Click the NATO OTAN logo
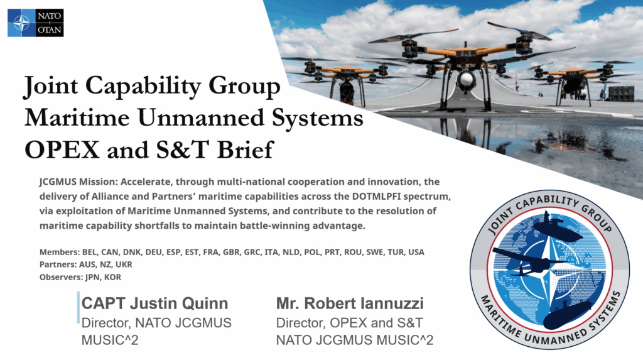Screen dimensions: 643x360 [36, 23]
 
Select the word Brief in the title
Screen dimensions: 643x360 [245, 150]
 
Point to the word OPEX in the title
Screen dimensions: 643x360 [62, 150]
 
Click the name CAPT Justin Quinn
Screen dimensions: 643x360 [155, 303]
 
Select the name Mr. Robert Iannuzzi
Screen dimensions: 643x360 [350, 303]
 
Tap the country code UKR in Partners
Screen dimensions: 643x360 [124, 265]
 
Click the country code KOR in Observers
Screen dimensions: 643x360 [113, 277]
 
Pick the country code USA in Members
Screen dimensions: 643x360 [416, 252]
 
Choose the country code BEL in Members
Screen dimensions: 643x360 [89, 252]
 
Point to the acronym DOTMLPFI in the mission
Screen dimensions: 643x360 [376, 196]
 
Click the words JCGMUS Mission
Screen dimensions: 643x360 [78, 182]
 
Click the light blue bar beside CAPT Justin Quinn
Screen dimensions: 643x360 [78, 307]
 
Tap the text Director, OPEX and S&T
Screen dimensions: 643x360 [349, 323]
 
